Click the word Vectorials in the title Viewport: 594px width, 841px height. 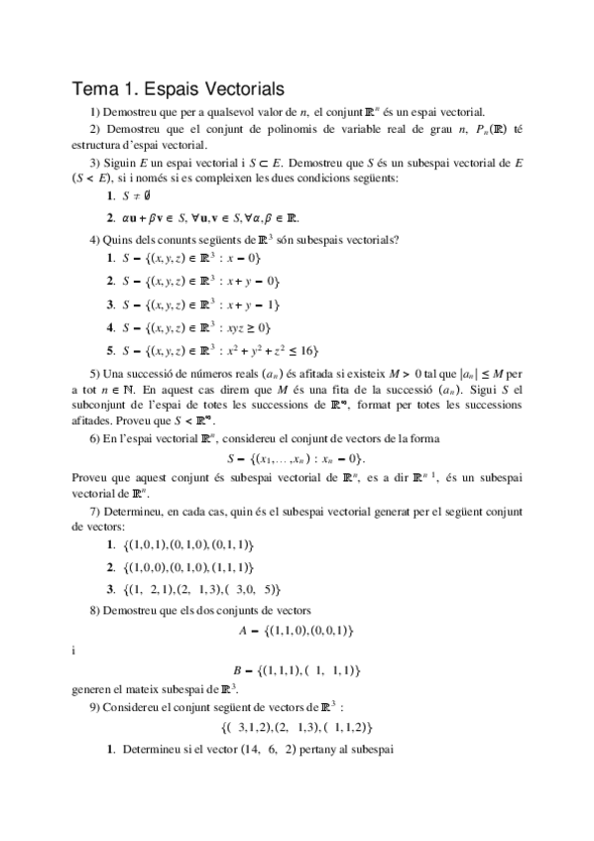(238, 88)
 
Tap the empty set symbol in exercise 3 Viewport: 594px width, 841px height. (159, 197)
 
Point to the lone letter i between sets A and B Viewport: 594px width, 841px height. (75, 650)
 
